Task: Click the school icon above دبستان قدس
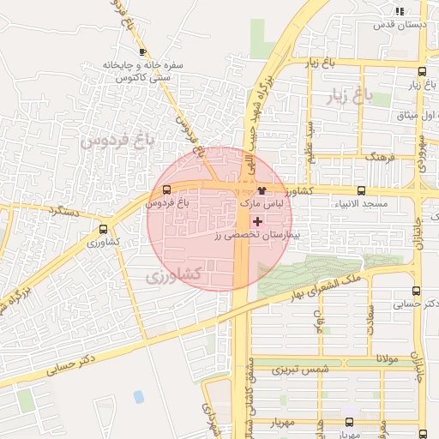400,11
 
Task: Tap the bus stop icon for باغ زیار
421,72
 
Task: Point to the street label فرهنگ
377,158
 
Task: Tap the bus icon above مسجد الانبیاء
360,191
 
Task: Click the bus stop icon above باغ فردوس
165,190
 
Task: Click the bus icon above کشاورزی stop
104,229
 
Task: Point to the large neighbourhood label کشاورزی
172,275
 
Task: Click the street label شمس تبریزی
295,370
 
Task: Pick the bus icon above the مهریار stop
348,422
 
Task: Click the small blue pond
138,396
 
